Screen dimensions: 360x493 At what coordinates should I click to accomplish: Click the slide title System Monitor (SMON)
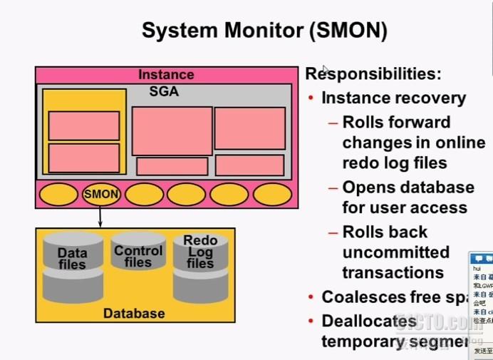[264, 30]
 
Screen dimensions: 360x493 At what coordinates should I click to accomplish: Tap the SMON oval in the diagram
[100, 193]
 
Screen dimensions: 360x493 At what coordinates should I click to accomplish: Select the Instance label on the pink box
[166, 75]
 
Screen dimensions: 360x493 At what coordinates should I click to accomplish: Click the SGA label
[164, 92]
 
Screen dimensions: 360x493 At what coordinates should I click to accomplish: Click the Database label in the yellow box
[134, 314]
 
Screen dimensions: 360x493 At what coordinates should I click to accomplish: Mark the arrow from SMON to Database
[100, 217]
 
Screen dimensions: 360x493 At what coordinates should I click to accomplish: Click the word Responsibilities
[373, 73]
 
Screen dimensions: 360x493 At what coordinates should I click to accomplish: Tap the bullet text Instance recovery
[393, 98]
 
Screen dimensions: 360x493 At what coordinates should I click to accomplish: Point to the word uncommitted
[395, 252]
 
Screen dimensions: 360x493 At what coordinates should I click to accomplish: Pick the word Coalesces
[363, 297]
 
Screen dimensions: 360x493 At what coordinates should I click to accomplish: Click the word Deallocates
[368, 322]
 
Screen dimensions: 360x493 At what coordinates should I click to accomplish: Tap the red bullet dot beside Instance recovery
[311, 99]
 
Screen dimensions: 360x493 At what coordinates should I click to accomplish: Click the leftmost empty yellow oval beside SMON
[58, 193]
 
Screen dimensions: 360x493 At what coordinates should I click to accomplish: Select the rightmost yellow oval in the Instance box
[272, 193]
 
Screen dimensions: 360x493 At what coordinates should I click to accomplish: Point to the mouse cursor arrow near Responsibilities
[326, 70]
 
